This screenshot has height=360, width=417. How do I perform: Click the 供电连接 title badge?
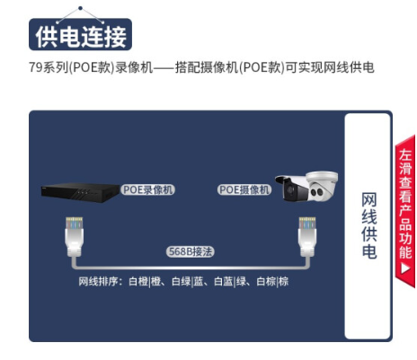[80, 34]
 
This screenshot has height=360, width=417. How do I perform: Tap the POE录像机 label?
[147, 189]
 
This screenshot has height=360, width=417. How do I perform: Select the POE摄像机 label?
[244, 189]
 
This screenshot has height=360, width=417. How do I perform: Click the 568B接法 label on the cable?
[191, 251]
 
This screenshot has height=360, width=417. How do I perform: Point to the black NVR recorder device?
[80, 192]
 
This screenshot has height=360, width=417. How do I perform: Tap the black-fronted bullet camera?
[292, 188]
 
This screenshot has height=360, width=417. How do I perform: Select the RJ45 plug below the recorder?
[74, 236]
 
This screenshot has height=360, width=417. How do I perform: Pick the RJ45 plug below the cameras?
[307, 236]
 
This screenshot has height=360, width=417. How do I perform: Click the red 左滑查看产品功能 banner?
[405, 211]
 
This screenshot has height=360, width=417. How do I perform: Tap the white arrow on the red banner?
[405, 268]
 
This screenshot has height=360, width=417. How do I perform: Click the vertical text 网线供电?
[369, 225]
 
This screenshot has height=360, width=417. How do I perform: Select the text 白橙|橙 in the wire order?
[145, 281]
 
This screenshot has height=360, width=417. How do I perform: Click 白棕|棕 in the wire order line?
[272, 281]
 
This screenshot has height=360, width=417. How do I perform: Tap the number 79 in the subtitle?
[36, 67]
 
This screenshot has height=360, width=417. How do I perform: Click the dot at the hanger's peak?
[80, 8]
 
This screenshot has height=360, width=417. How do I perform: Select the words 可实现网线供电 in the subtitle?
[330, 67]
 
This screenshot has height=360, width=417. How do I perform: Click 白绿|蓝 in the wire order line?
[188, 281]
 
